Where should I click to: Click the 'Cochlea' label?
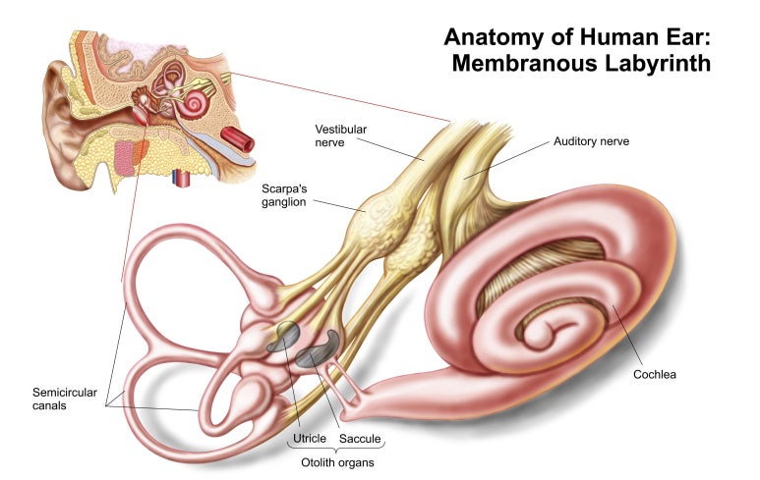(x=655, y=375)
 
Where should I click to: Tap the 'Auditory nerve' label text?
(x=591, y=141)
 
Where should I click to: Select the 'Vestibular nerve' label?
(x=341, y=136)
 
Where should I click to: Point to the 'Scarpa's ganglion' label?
(x=284, y=195)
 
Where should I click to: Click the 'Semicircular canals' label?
(x=65, y=399)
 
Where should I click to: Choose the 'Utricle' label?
(x=310, y=439)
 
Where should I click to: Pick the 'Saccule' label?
(x=360, y=439)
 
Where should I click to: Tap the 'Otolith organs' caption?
(x=337, y=462)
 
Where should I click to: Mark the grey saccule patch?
(x=320, y=349)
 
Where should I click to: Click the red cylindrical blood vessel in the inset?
(x=238, y=138)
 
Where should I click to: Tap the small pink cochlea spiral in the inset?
(x=196, y=101)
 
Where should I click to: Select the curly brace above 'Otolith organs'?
(x=337, y=448)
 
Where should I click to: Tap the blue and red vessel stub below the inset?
(x=181, y=178)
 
